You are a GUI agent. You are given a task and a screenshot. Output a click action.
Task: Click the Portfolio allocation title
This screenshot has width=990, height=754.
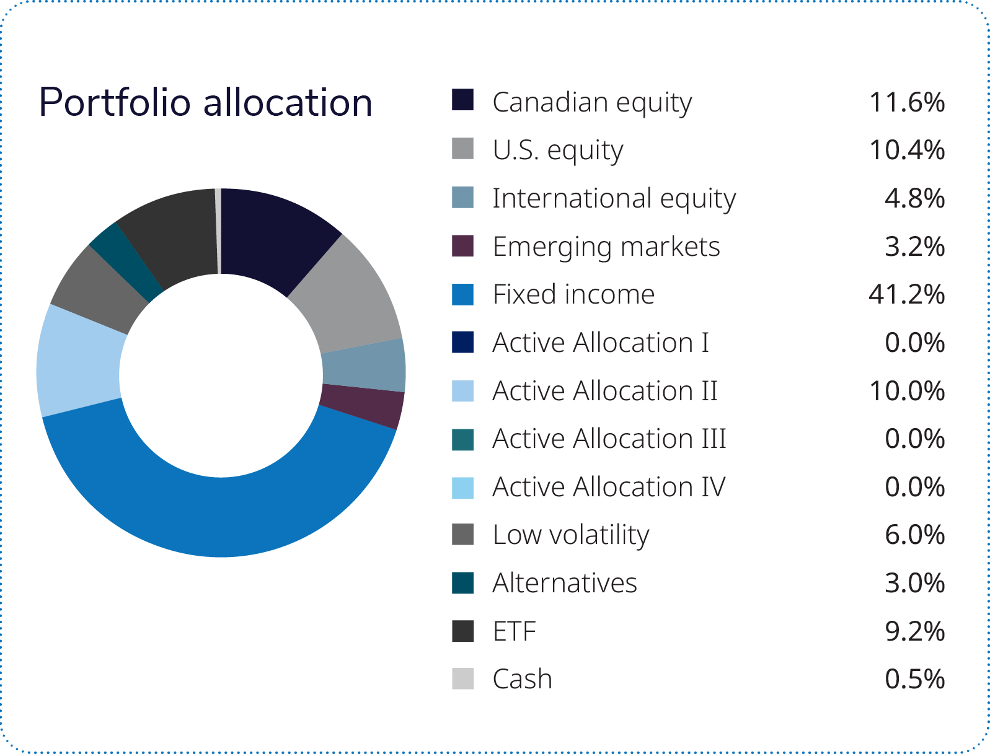click(x=206, y=102)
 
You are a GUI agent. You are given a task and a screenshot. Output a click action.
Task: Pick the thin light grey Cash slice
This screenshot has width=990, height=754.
click(x=218, y=230)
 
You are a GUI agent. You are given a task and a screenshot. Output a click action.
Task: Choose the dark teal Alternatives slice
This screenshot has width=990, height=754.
click(x=124, y=261)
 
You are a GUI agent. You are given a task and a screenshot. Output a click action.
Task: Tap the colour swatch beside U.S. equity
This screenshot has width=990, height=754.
click(x=462, y=149)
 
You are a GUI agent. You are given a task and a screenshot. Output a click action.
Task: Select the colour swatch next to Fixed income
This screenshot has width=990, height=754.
click(x=462, y=294)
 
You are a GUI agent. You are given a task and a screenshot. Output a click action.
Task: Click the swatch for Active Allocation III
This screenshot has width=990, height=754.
click(x=462, y=439)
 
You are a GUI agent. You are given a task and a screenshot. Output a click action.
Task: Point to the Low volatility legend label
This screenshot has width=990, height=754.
click(x=571, y=535)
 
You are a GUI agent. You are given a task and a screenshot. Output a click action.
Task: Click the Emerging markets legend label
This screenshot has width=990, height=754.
click(x=607, y=247)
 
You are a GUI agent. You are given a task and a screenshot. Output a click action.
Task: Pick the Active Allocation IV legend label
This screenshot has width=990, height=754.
click(x=609, y=487)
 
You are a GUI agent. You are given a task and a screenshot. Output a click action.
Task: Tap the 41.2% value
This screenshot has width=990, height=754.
click(x=906, y=294)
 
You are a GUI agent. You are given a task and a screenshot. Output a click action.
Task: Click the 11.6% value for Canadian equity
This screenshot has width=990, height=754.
click(x=906, y=102)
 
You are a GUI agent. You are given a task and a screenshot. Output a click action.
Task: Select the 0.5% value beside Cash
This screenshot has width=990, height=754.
click(x=914, y=679)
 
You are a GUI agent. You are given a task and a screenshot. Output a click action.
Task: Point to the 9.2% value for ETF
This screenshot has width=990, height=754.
click(x=914, y=631)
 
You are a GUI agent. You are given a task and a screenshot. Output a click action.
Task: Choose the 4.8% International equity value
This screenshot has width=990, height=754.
click(x=914, y=198)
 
